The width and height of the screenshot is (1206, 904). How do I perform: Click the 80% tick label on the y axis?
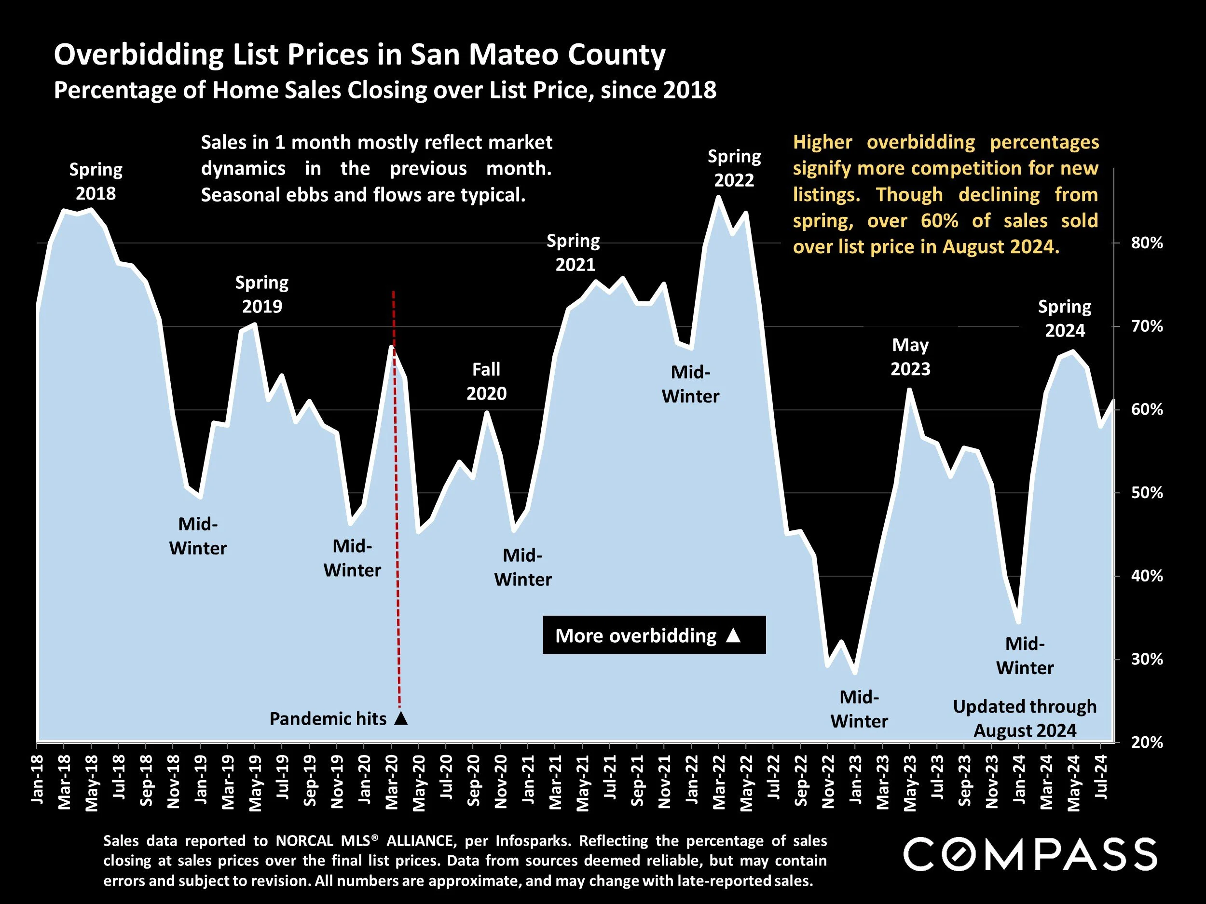pyautogui.click(x=1147, y=243)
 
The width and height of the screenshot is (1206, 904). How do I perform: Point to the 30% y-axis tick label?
pyautogui.click(x=1147, y=660)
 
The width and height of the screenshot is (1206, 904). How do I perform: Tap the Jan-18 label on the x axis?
pyautogui.click(x=37, y=779)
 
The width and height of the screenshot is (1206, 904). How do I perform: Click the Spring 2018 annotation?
pyautogui.click(x=96, y=181)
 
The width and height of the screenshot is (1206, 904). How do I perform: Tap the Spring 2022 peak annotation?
pyautogui.click(x=734, y=168)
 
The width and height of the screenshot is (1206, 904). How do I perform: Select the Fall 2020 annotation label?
pyautogui.click(x=486, y=381)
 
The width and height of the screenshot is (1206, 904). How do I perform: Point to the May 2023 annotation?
pyautogui.click(x=910, y=357)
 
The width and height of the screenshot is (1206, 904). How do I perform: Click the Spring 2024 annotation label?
pyautogui.click(x=1064, y=319)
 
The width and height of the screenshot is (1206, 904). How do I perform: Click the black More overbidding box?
pyautogui.click(x=654, y=635)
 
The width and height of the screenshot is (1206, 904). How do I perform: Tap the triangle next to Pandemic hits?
pyautogui.click(x=401, y=718)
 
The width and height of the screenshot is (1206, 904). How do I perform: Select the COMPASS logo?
pyautogui.click(x=1030, y=854)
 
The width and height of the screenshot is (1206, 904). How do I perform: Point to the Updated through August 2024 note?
pyautogui.click(x=1025, y=718)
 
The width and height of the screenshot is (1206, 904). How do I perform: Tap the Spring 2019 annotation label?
pyautogui.click(x=261, y=294)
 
